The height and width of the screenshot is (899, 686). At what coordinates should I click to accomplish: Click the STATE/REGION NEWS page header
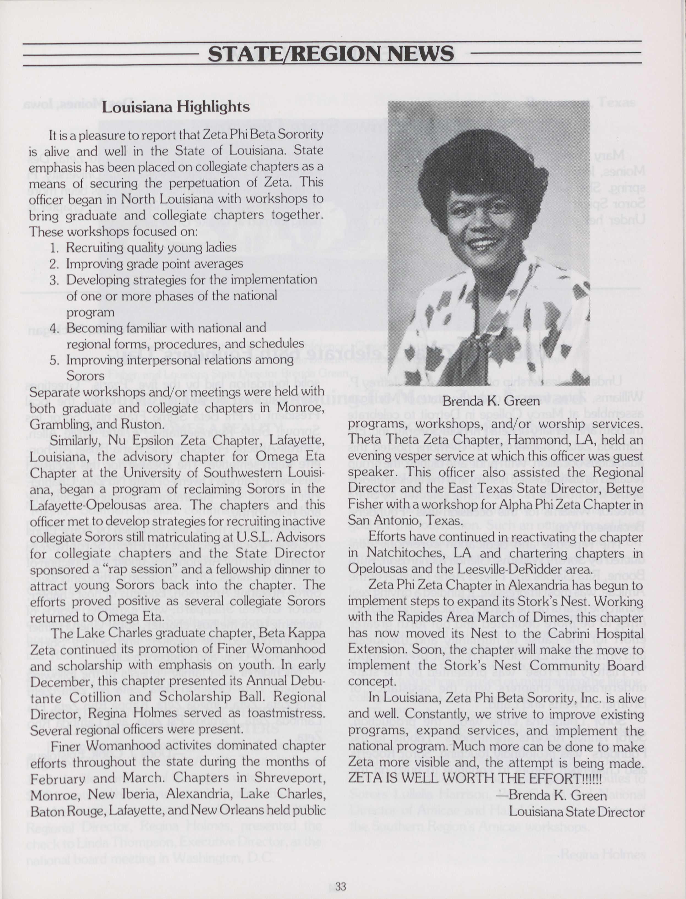[331, 53]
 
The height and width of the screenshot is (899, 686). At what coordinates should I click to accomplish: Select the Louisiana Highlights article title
[176, 107]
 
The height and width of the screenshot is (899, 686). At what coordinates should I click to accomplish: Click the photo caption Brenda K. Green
[491, 401]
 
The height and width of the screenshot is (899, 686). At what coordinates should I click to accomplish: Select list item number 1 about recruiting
[143, 247]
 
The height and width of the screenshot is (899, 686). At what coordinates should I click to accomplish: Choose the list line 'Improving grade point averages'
[154, 264]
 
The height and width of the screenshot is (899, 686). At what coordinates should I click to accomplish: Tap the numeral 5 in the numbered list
[53, 360]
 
